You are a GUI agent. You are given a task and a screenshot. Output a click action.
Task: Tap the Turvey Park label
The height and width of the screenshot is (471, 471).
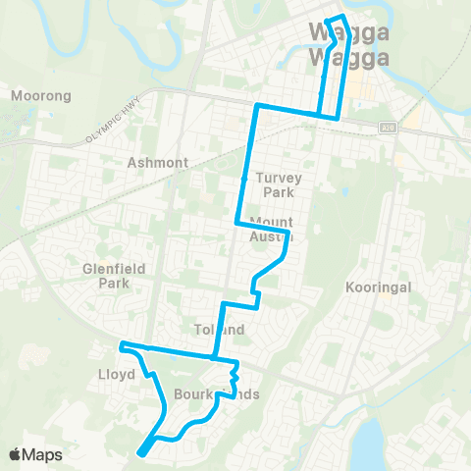(279, 184)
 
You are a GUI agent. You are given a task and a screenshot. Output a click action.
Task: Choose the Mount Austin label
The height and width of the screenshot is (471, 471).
(272, 229)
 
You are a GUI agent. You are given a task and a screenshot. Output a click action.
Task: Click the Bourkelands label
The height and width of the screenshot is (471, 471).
(202, 394)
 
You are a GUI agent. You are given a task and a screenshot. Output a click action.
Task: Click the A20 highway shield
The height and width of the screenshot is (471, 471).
(388, 127)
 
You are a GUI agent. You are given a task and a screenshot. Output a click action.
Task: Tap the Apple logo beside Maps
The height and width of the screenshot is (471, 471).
(17, 454)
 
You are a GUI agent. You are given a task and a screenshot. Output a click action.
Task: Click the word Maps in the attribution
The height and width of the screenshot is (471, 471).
(44, 454)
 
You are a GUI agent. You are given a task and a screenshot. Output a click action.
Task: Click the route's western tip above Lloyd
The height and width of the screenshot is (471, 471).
(121, 345)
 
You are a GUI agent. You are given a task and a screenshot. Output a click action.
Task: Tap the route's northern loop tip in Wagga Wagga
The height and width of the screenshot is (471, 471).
(337, 18)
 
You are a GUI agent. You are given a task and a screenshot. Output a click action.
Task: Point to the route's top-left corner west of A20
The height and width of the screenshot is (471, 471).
(257, 105)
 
